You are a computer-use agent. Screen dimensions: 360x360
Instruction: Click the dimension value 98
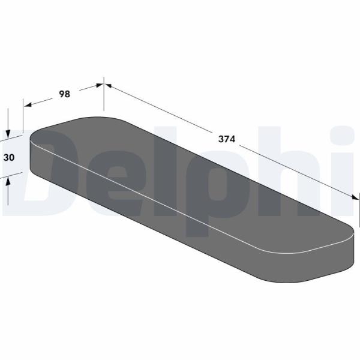65,94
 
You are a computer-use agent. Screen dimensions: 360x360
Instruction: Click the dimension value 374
227,139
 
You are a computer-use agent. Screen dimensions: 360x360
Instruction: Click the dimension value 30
9,157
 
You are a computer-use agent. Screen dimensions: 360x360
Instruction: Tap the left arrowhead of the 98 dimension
28,105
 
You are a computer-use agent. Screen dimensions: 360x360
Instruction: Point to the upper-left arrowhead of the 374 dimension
109,86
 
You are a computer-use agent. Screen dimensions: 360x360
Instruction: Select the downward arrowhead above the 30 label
8,134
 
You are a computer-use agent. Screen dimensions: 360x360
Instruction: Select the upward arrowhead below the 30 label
8,182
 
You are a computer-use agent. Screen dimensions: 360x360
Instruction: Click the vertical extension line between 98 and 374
104,94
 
